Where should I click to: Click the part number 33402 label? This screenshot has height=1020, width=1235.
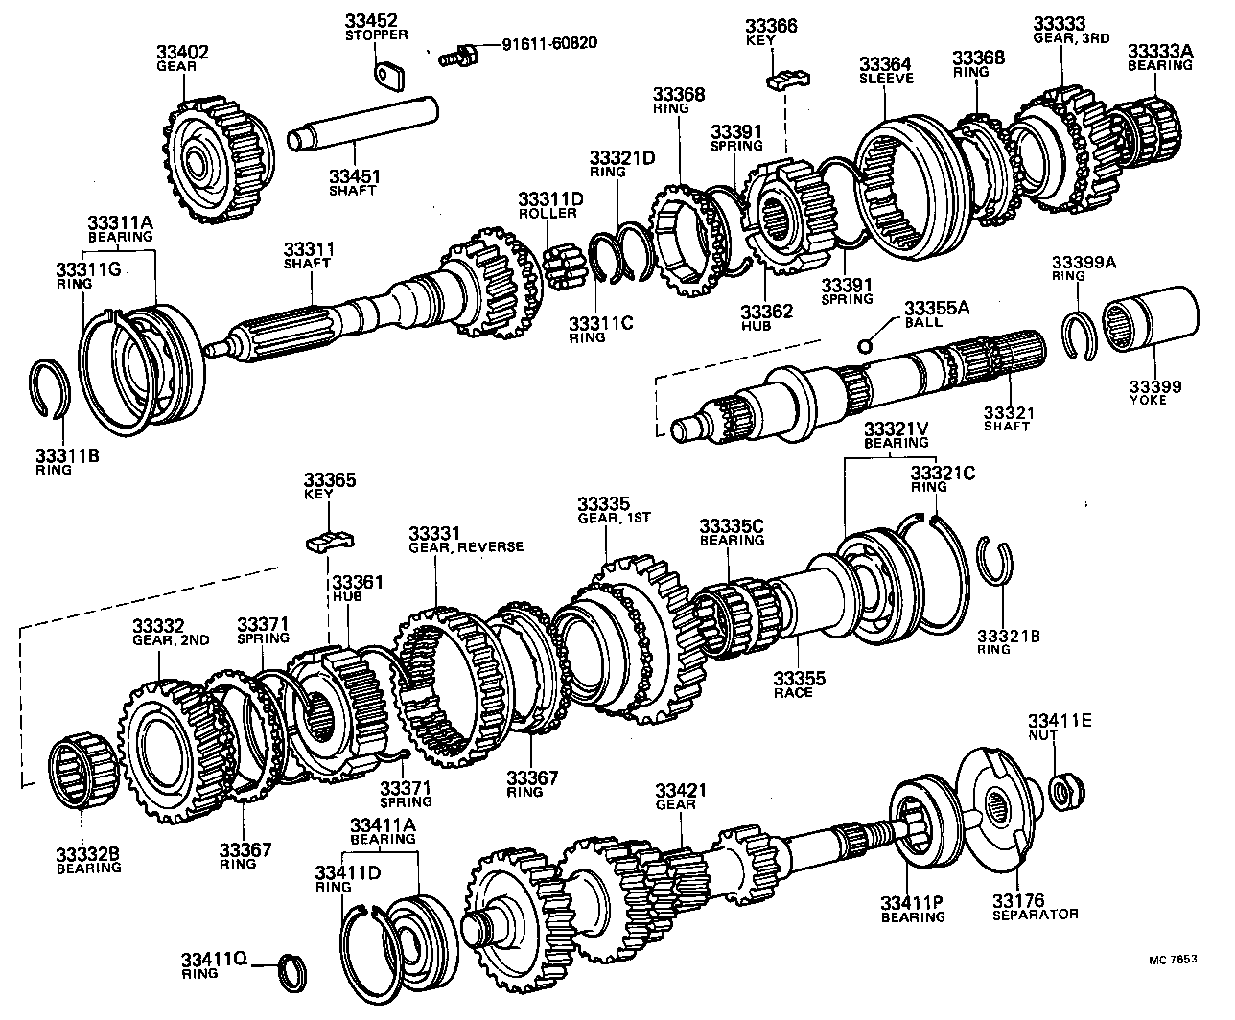182,52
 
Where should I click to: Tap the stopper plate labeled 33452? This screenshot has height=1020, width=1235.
386,73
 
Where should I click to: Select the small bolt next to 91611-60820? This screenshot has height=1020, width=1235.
455,53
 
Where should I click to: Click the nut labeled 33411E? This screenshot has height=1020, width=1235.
1061,791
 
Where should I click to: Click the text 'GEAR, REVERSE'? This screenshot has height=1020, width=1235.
466,546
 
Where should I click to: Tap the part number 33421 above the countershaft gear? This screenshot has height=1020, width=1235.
681,790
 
